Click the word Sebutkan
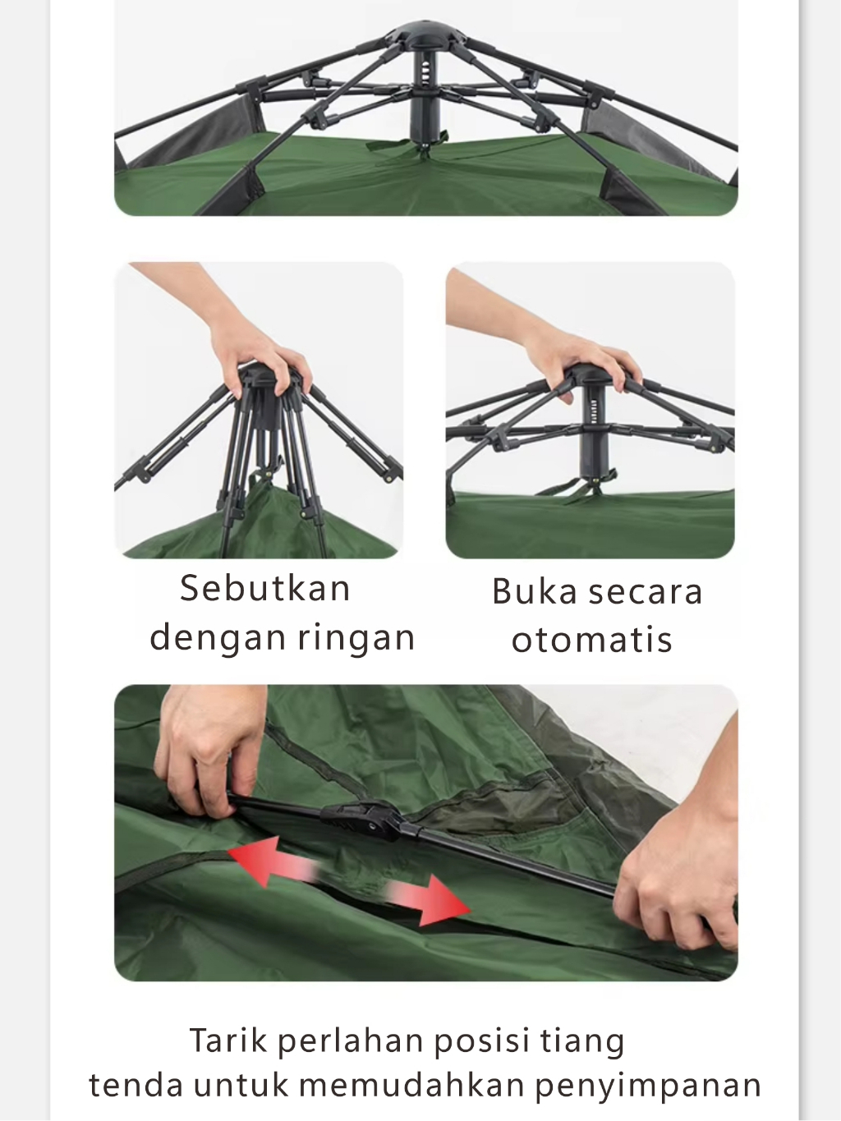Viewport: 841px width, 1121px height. tap(265, 588)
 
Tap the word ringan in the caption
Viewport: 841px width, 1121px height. tap(356, 639)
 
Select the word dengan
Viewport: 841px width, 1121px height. tap(219, 639)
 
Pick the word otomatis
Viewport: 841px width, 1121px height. tap(592, 640)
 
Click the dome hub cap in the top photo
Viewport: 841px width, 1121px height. tap(426, 33)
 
